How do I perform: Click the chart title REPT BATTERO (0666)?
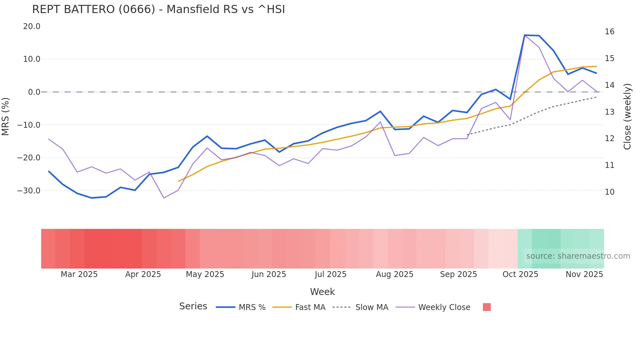coord(158,9)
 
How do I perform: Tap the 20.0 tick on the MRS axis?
coord(32,26)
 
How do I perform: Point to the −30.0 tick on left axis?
coord(29,191)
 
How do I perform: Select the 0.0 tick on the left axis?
coord(34,92)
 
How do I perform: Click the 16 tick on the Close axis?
coord(609,32)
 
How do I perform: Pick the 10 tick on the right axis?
coord(609,192)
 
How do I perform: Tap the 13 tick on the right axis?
coord(609,112)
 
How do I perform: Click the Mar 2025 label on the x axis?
coord(79,274)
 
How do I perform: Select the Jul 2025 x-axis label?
coord(330,274)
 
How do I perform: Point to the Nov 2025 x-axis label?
coord(584,274)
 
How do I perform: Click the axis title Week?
coord(322,292)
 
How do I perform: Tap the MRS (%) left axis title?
coord(6,116)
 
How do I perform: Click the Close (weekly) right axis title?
coord(627,117)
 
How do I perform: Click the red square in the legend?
coord(487,307)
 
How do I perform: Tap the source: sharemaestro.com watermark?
coord(578,256)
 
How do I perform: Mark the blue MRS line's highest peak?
coord(525,35)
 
